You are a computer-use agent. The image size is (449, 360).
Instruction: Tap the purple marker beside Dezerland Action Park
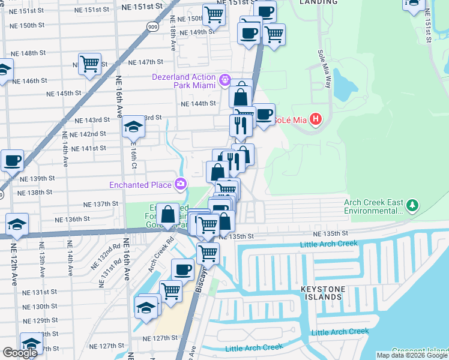coord(225,79)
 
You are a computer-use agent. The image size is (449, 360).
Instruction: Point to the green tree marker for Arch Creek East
coord(412,206)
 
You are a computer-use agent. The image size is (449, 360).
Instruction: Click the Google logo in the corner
coord(20,353)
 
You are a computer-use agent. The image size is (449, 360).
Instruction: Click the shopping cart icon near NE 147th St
coord(89,64)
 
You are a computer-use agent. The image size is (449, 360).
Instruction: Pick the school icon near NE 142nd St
coord(133,127)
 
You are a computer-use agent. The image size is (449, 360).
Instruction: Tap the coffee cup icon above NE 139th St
coord(12,161)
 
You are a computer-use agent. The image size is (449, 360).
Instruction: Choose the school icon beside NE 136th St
coord(18,224)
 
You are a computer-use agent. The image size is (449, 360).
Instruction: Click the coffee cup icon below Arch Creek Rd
coord(182,269)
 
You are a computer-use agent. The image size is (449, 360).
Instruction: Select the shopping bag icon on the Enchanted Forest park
coord(169,214)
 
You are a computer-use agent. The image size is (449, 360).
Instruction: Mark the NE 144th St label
coord(200,103)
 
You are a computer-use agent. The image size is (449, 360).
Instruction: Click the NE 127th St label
coord(161,338)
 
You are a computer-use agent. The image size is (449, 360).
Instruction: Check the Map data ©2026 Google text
coord(411,355)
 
